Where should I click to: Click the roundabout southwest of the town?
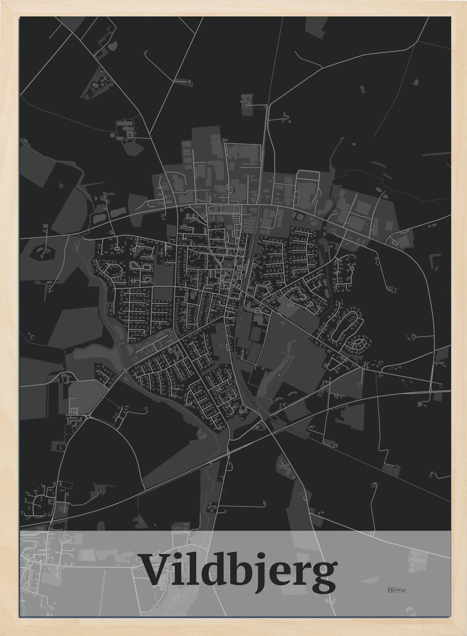[88, 417]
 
